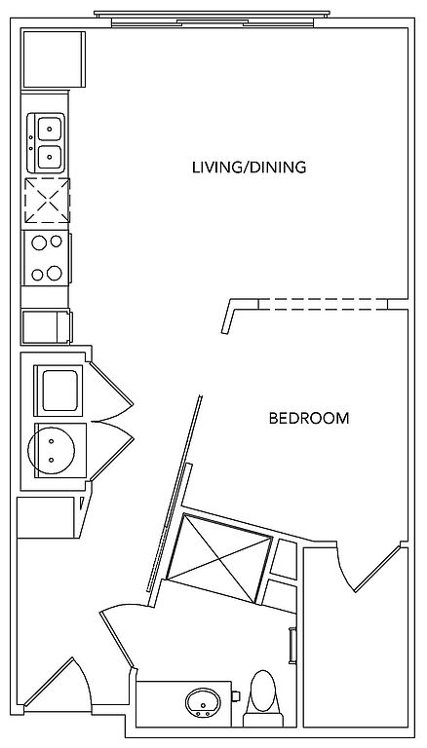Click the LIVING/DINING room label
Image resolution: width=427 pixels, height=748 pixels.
click(249, 168)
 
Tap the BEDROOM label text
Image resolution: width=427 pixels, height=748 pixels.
click(309, 419)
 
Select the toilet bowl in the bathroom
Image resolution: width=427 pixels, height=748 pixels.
click(263, 691)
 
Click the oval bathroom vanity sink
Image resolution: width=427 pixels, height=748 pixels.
click(203, 702)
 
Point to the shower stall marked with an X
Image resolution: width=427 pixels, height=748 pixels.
click(219, 558)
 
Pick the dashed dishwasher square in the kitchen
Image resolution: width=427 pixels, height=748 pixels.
click(47, 201)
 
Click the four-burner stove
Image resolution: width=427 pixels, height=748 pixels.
click(47, 258)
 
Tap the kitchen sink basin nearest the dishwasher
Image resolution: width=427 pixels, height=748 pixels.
click(50, 157)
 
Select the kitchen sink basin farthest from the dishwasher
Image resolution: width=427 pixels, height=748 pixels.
click(50, 129)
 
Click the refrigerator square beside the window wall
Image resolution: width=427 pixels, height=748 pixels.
click(54, 59)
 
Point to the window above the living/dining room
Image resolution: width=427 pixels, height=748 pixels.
click(213, 19)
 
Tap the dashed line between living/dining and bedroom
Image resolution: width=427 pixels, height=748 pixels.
click(323, 304)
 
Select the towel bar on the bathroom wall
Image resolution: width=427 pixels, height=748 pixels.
click(292, 646)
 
